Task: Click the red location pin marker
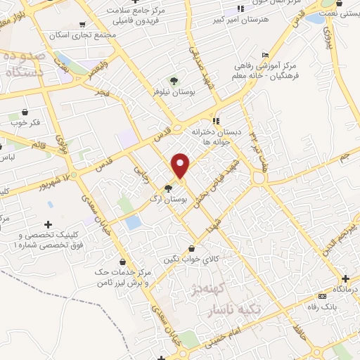point(181,166)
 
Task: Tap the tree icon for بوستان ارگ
point(167,188)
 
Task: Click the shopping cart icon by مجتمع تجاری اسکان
point(82,25)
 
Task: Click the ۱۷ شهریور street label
point(77,174)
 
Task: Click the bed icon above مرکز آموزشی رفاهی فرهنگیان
point(265,56)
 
